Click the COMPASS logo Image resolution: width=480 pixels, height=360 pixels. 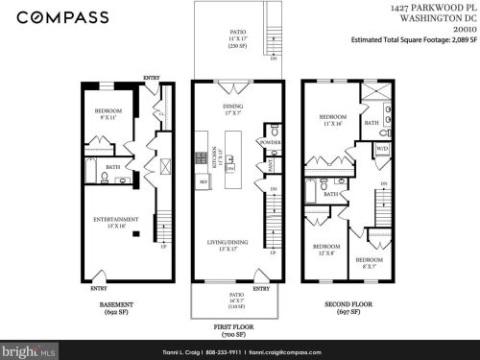56,16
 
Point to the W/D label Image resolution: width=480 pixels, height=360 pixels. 381,149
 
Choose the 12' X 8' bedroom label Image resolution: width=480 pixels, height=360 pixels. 324,251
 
